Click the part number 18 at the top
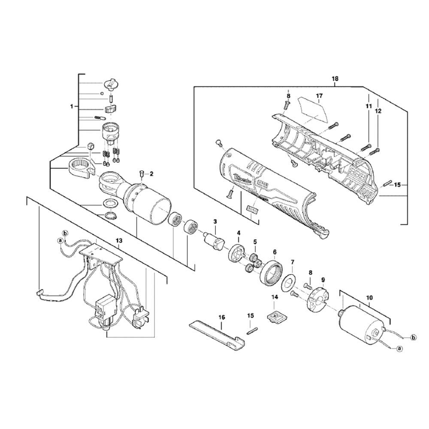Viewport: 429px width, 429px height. (335, 79)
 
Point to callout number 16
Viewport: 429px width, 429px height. (221, 317)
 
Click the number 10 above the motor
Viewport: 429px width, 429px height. (370, 297)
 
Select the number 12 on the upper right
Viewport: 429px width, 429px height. (378, 111)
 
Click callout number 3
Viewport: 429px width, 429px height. (216, 221)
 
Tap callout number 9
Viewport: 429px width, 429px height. (323, 279)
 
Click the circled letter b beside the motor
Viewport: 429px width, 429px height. (414, 338)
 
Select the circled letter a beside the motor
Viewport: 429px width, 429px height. (400, 349)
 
